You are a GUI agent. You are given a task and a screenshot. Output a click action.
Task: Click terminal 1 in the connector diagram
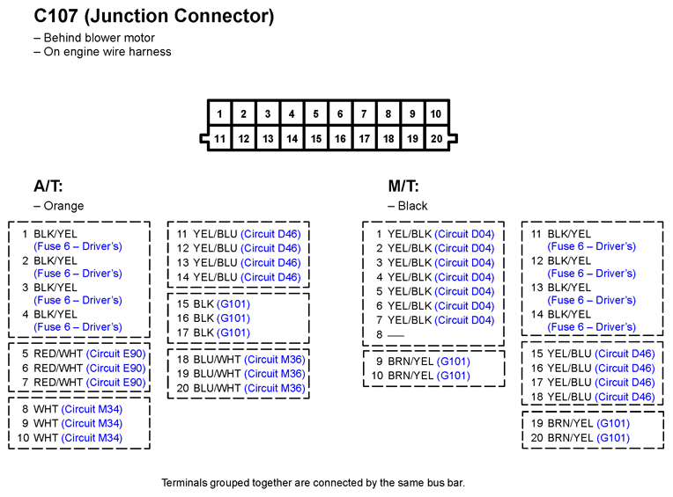click(219, 113)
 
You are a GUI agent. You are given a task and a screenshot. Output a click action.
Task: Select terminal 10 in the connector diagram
click(436, 113)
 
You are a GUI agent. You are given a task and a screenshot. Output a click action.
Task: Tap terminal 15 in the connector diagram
click(316, 138)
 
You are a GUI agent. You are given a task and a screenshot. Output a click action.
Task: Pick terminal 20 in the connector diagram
click(437, 138)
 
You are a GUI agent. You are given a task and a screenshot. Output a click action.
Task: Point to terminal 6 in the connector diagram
click(340, 113)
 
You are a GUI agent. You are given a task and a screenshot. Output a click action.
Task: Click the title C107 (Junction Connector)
click(153, 17)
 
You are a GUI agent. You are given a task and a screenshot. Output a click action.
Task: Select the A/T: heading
click(48, 186)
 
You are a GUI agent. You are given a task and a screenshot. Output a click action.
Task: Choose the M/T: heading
click(403, 186)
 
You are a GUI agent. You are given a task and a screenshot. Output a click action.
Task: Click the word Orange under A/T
click(63, 206)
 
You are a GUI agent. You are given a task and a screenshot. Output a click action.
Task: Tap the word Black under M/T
click(412, 206)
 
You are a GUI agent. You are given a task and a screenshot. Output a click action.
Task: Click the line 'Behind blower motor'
click(94, 38)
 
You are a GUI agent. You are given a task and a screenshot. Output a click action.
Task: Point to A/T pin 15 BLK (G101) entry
click(213, 304)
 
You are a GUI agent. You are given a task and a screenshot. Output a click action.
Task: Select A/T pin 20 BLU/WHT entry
click(240, 388)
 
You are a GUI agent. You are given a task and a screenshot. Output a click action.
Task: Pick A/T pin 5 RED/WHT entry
click(84, 354)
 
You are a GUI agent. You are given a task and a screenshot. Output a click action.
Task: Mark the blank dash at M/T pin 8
click(396, 335)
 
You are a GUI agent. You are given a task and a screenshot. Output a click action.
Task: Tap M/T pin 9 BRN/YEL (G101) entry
click(423, 362)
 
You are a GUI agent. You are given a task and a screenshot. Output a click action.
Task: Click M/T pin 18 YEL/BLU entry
click(593, 397)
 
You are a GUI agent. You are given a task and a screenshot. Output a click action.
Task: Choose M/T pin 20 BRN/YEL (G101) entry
click(581, 438)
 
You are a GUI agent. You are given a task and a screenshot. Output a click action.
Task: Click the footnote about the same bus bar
click(314, 483)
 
